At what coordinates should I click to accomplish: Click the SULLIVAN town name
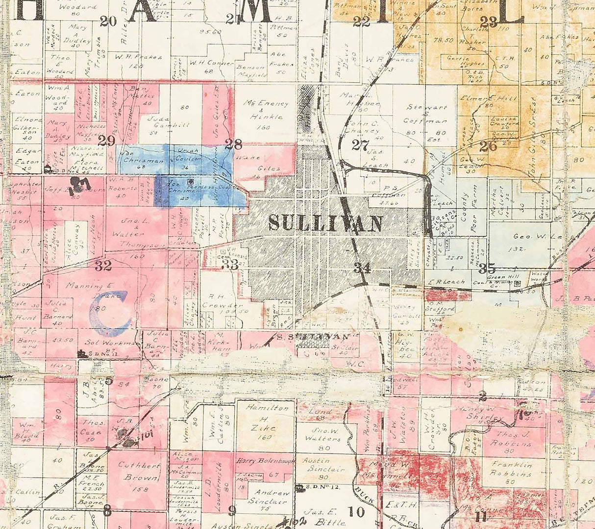click(325, 223)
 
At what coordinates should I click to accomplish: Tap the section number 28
click(233, 144)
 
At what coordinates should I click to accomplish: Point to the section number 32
click(103, 266)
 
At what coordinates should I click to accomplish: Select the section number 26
click(488, 146)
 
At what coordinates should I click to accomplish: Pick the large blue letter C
click(111, 313)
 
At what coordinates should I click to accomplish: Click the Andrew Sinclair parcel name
click(265, 497)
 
